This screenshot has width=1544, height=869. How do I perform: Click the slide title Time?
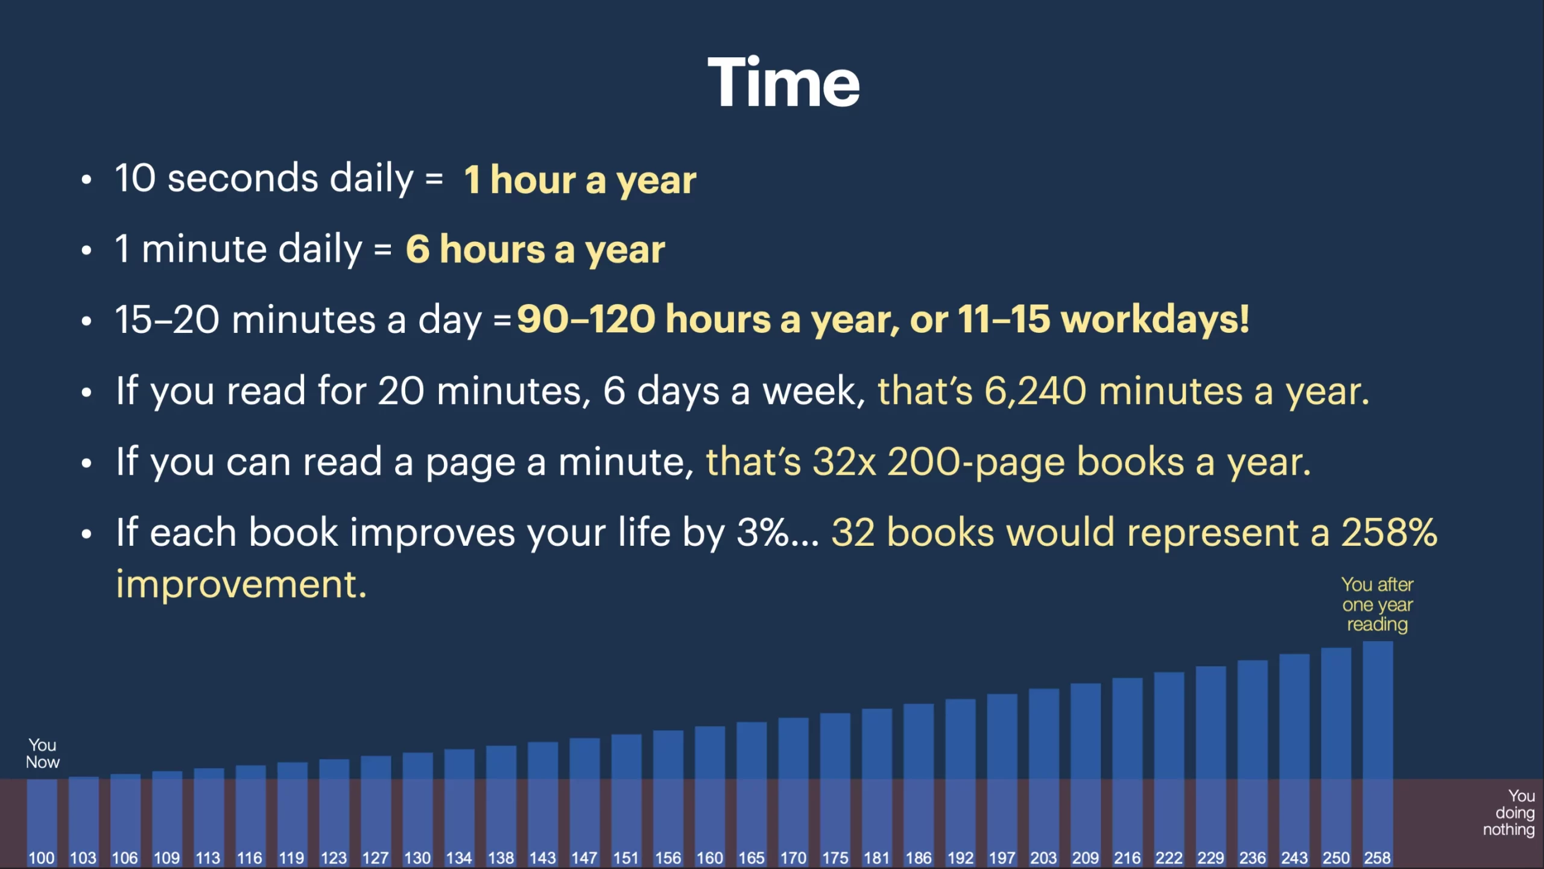click(x=783, y=82)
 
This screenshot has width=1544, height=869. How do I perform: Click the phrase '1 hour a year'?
click(x=580, y=180)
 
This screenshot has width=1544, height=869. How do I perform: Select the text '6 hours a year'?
click(x=535, y=250)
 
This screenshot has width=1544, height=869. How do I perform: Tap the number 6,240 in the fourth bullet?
click(x=1035, y=391)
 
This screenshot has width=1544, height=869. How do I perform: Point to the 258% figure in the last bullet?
click(x=1389, y=532)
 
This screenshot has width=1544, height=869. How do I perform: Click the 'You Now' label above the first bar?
click(x=42, y=753)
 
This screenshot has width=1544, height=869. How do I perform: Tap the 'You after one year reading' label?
click(x=1378, y=604)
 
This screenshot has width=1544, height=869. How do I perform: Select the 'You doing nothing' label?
click(x=1509, y=813)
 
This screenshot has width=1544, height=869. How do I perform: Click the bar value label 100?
click(x=42, y=858)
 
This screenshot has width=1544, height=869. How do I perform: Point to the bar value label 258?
click(x=1378, y=858)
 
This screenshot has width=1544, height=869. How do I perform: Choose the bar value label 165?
click(x=751, y=858)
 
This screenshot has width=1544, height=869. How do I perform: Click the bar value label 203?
click(x=1043, y=858)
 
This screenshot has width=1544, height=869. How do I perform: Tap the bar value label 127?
click(x=375, y=858)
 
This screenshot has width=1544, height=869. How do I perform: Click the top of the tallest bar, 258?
click(x=1378, y=642)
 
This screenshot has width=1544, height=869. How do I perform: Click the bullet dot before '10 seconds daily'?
click(x=87, y=180)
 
